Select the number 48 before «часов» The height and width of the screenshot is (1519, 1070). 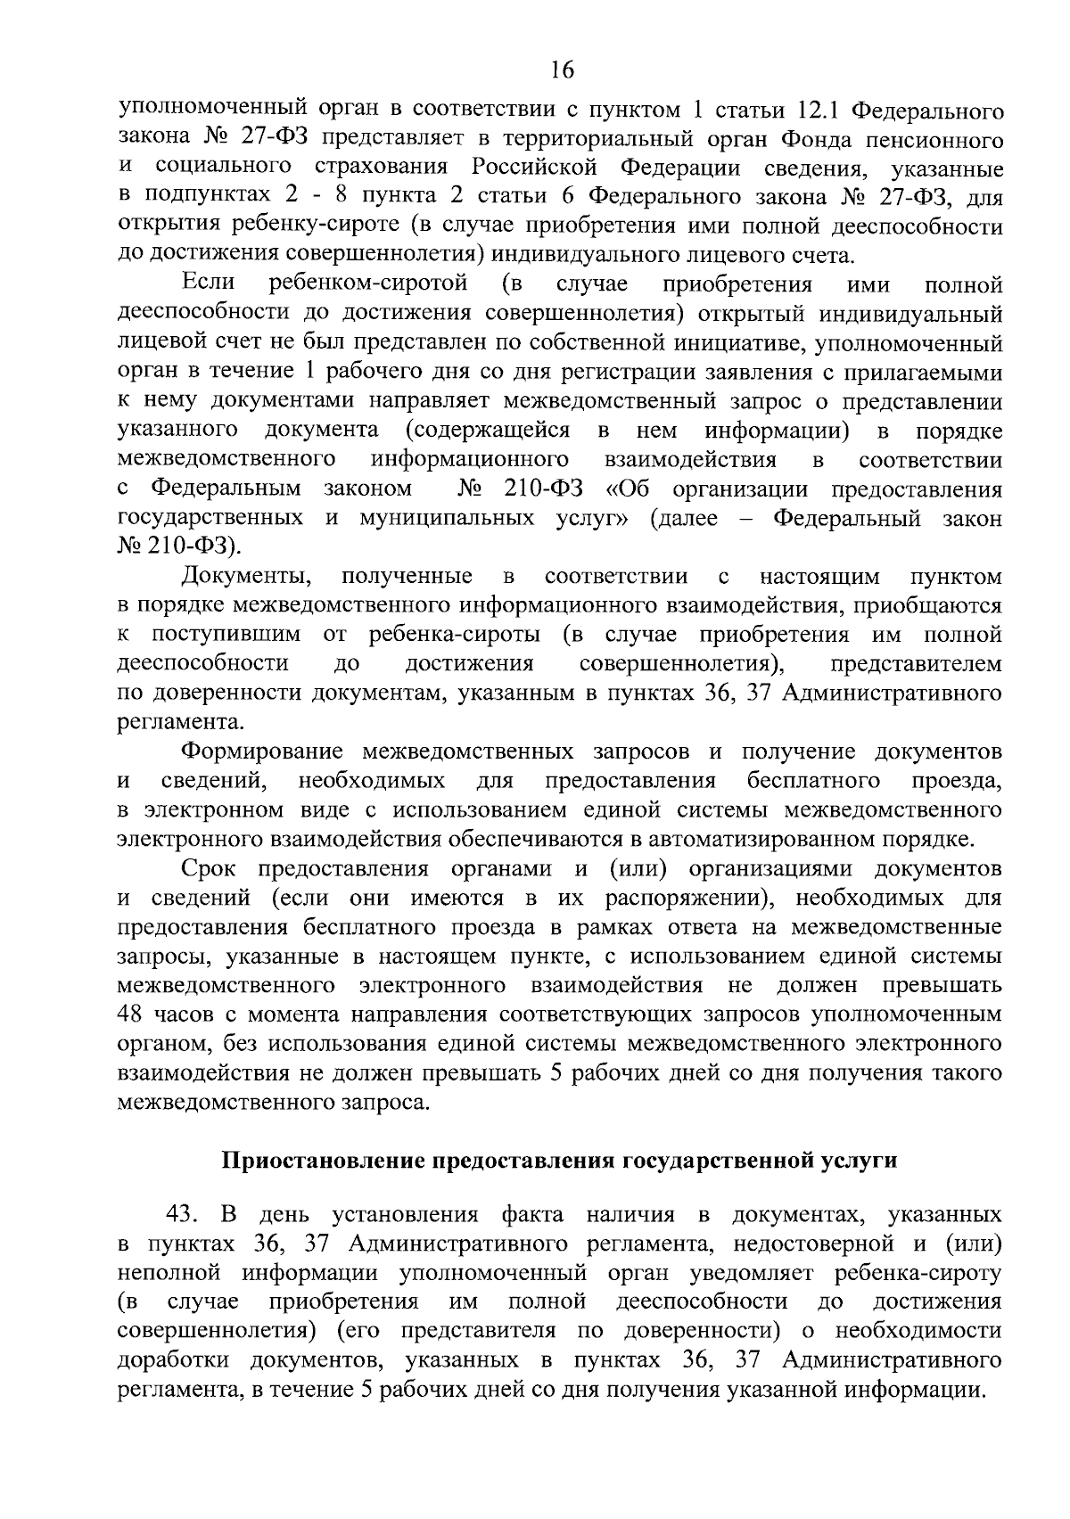[x=132, y=1014]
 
